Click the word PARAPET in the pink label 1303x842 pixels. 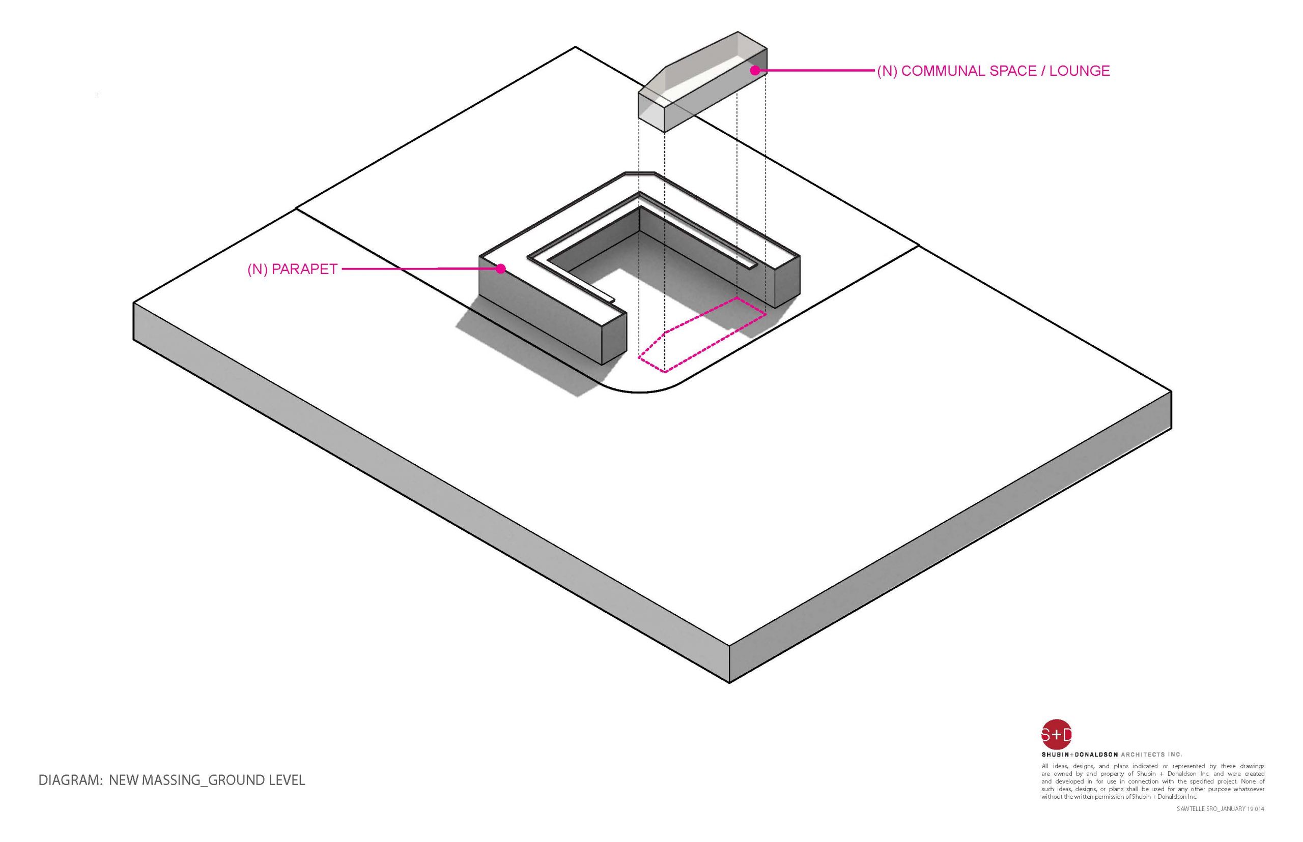tap(304, 269)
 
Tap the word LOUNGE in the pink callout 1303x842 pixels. tap(1080, 71)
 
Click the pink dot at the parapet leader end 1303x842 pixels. tap(500, 268)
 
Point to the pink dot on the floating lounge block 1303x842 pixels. tap(755, 70)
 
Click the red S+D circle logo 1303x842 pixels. tap(1056, 734)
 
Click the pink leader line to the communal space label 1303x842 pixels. tap(815, 70)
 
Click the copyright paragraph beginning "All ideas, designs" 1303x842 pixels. tap(1152, 781)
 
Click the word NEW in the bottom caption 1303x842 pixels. tap(124, 780)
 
